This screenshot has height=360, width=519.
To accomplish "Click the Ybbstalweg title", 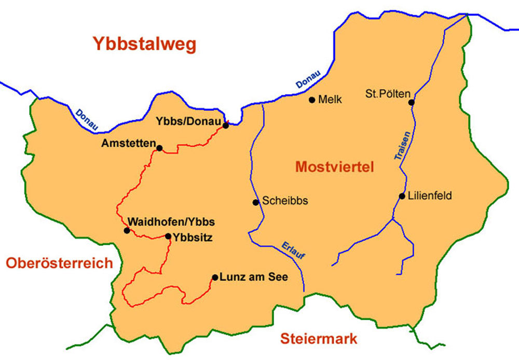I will tap(145, 45).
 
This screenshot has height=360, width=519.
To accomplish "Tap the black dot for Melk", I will tap(312, 100).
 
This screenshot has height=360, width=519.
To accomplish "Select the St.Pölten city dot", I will tap(412, 102).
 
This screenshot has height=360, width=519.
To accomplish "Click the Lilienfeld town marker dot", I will tap(402, 196).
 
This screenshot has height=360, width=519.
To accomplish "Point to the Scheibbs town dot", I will tap(255, 202).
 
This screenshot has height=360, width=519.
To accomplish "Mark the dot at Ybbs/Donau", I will tap(226, 125).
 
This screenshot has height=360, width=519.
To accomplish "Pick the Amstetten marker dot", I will tap(159, 148).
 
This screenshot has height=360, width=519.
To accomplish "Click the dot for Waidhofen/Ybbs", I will tap(127, 230).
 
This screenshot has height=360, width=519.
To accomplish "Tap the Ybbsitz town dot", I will tap(168, 237).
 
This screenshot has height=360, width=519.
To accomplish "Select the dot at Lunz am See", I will tap(215, 277).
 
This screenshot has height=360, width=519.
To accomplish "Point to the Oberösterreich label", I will tap(59, 263).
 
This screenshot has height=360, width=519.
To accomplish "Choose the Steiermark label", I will tap(319, 339).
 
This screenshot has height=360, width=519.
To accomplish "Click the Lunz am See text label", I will tap(254, 277).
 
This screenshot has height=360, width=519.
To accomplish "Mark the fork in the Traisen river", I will tap(392, 219).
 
